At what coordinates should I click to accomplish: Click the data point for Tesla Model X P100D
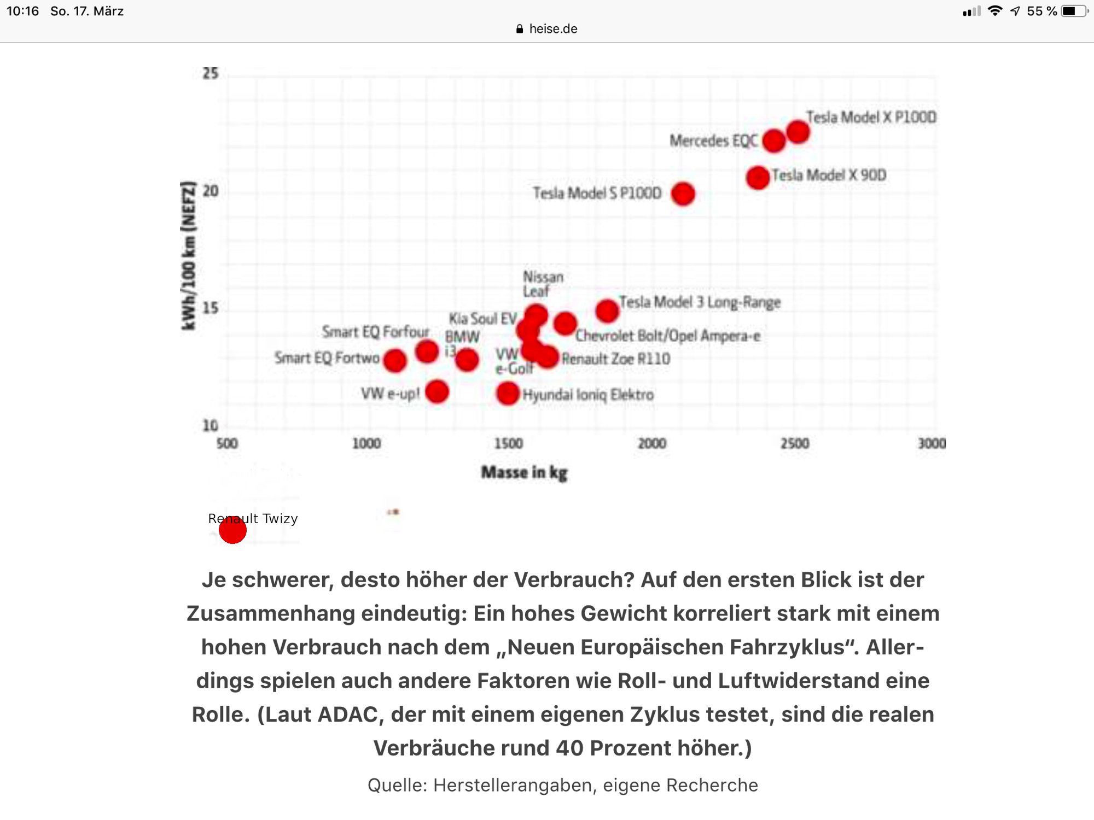pos(798,132)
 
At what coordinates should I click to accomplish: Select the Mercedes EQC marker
pos(774,141)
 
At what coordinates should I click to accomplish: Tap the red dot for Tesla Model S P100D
pos(683,194)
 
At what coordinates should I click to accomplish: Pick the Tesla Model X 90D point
pos(758,178)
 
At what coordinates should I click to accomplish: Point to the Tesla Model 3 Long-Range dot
pos(607,311)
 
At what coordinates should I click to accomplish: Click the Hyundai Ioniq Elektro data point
pos(508,393)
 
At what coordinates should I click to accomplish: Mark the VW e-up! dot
pos(437,391)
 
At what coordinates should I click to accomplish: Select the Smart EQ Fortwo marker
pos(395,360)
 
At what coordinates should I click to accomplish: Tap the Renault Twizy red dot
pos(232,530)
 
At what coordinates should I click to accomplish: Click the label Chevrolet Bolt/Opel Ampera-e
pos(667,336)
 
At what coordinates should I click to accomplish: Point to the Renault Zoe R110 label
pos(616,359)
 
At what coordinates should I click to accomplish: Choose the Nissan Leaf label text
pos(542,284)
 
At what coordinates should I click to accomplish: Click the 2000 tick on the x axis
pos(652,443)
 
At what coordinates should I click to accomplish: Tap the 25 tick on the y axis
pos(211,73)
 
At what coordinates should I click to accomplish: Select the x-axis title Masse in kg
pos(524,472)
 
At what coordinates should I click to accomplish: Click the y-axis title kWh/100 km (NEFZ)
pos(188,255)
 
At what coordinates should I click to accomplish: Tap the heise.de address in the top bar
pos(553,29)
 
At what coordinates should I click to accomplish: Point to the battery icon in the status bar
pos(1073,11)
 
